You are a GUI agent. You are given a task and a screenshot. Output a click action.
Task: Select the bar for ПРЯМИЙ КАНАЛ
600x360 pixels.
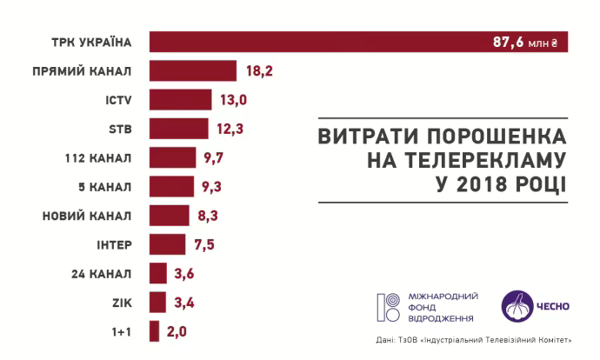coord(193,70)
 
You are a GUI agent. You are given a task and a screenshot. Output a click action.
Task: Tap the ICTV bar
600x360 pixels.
coord(180,100)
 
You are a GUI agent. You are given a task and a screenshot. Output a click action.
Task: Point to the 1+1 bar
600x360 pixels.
coord(154,331)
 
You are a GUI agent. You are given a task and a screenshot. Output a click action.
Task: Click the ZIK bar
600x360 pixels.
coord(157,302)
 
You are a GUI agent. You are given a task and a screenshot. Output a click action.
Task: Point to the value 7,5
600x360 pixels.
coord(203,244)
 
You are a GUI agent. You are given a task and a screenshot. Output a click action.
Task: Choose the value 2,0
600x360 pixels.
coord(177,331)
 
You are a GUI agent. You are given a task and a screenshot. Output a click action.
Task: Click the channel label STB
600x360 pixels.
coord(120,129)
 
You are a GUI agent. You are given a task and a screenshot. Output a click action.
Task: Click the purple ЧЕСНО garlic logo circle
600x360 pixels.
coord(518,304)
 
